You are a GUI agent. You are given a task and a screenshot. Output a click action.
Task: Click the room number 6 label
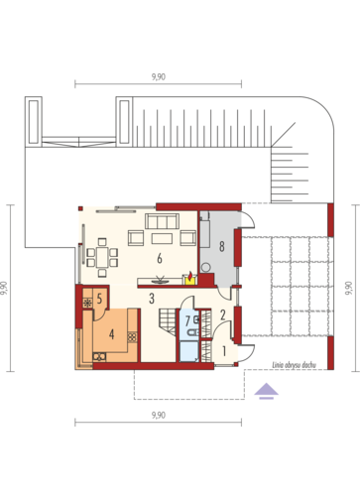tap(160, 258)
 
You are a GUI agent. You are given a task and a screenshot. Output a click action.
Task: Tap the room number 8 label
tap(222, 246)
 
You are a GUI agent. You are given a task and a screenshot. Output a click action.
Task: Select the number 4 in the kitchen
tap(112, 334)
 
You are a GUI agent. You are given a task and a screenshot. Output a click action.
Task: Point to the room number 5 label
tap(99, 299)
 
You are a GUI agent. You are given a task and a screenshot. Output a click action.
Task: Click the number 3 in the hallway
tap(152, 299)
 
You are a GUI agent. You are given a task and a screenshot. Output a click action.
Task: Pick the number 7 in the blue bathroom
tap(187, 320)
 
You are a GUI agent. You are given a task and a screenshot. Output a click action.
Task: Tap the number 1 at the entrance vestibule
tap(224, 351)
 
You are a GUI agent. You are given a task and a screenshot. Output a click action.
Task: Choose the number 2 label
tap(223, 314)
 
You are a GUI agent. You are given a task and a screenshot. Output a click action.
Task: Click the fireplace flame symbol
tap(190, 275)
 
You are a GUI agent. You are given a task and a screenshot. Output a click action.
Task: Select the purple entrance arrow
tap(266, 391)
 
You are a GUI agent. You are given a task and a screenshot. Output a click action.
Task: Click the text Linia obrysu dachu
tap(294, 365)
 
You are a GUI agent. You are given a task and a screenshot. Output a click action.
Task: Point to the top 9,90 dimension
tap(159, 77)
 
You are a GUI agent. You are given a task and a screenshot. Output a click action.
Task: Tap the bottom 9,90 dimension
tap(159, 416)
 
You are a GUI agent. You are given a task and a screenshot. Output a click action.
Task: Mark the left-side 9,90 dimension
tap(4, 288)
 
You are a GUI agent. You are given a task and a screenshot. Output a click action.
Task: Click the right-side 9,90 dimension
tap(349, 288)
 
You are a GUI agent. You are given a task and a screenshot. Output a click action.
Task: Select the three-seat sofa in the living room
tap(162, 221)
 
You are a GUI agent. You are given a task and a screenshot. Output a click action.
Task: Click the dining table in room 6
tap(102, 257)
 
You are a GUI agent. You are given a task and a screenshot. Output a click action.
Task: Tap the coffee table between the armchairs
tap(162, 238)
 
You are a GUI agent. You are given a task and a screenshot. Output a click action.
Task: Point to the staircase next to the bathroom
tap(168, 320)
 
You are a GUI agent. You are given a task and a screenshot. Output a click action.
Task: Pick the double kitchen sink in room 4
tap(99, 357)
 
